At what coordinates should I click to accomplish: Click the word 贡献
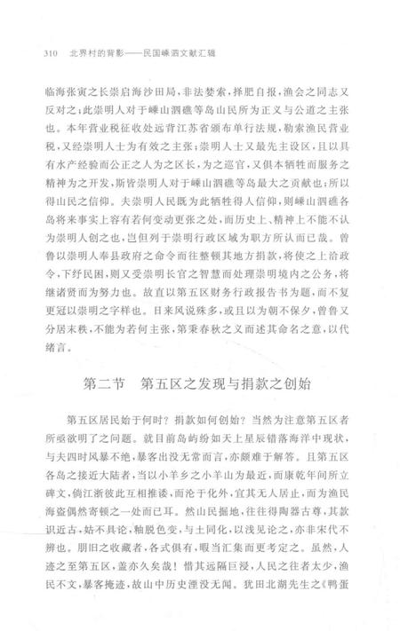tap(317, 203)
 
